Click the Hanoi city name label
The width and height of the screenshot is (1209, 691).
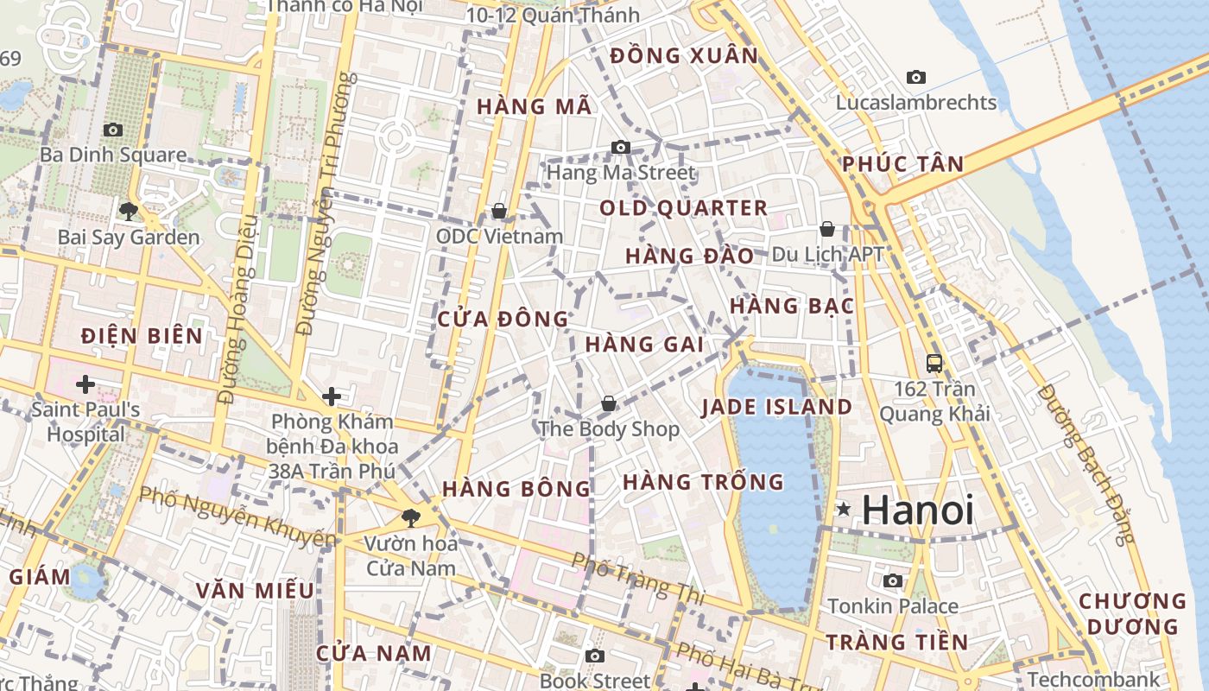[918, 510]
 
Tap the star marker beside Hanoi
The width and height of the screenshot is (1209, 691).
[844, 510]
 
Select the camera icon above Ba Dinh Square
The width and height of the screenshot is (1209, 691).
[112, 130]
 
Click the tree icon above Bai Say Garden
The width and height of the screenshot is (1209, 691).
[128, 211]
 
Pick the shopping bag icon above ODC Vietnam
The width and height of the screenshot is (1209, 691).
[498, 211]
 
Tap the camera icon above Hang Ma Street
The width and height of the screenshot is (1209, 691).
[620, 148]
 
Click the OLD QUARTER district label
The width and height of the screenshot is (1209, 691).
[683, 208]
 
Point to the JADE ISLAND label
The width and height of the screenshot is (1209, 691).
[776, 407]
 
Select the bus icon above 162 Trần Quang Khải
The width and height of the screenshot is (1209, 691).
[934, 364]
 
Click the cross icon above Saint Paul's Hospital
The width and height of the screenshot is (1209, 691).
[85, 384]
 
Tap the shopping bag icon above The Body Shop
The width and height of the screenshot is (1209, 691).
[609, 403]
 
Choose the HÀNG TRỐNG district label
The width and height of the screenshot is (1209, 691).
[703, 481]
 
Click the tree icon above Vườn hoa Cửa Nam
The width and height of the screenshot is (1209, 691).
[409, 518]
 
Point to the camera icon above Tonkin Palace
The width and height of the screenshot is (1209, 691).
[892, 580]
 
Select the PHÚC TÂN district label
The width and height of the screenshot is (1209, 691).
[902, 164]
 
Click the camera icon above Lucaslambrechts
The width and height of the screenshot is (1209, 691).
[916, 77]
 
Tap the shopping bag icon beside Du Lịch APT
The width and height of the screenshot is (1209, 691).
[826, 229]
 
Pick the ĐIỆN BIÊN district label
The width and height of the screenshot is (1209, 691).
[142, 336]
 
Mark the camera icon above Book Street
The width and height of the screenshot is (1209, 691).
[594, 656]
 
